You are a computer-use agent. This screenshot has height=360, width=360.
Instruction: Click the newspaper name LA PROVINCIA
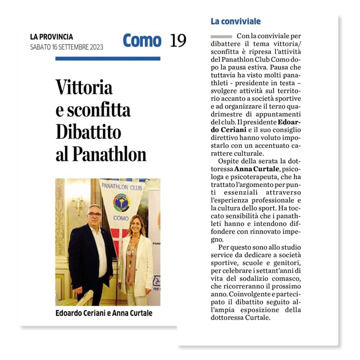51,37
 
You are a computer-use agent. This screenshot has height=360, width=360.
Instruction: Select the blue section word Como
142,41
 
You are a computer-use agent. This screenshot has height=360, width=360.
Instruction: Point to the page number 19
178,41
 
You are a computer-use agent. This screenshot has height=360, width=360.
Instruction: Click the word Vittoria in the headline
84,87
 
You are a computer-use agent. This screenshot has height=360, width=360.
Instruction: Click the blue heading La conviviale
235,21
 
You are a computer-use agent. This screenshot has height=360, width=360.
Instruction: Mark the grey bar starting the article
221,37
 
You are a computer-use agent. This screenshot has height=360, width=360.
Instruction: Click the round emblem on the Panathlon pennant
122,202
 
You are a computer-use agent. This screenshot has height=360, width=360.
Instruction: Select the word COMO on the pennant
122,218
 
